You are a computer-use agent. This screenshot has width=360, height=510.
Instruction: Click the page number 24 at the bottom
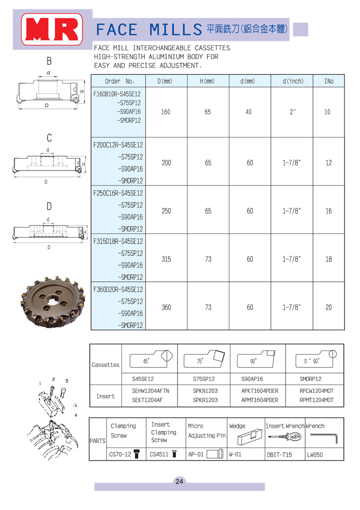[179, 481]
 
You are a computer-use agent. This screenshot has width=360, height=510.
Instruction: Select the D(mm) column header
[165, 81]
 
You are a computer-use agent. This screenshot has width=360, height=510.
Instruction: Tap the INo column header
[328, 81]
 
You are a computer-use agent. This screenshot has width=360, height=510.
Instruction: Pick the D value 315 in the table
[166, 259]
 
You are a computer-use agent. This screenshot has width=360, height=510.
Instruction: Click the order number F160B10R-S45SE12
[117, 93]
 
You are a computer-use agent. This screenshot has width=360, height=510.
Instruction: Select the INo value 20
[328, 307]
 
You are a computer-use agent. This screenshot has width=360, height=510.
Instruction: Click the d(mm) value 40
[249, 112]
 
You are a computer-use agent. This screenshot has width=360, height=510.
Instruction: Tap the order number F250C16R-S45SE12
[118, 193]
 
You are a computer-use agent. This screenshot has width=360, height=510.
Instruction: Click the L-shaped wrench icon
[323, 438]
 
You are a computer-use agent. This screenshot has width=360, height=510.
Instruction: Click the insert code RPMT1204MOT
[316, 400]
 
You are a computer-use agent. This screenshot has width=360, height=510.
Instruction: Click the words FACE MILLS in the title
[149, 29]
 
